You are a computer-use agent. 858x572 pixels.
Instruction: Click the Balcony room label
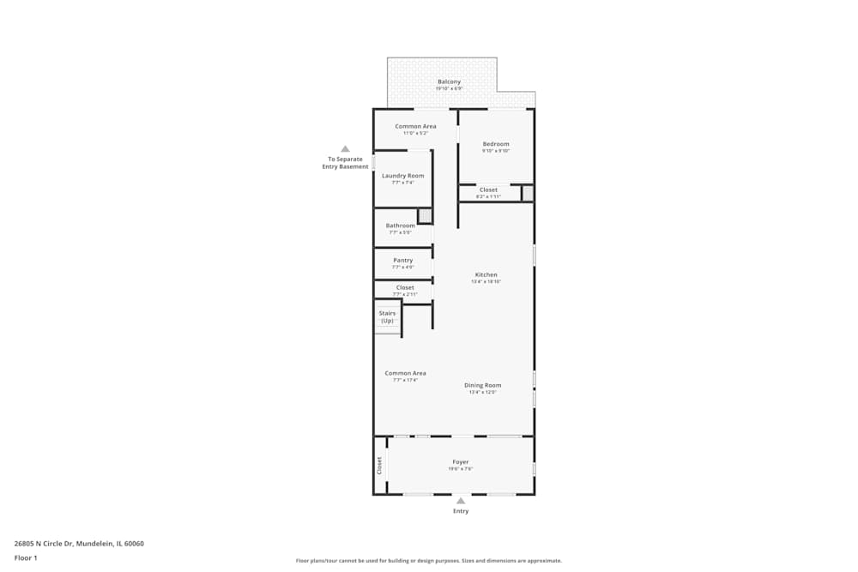pos(449,81)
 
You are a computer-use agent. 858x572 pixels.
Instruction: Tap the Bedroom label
pos(496,144)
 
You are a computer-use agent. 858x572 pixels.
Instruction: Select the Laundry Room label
pos(403,176)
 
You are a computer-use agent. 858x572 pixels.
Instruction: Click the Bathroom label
pos(400,226)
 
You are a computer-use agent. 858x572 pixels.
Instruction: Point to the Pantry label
pos(402,260)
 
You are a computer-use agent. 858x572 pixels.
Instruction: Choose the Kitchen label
pos(486,274)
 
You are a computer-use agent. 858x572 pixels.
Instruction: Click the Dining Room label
pos(483,385)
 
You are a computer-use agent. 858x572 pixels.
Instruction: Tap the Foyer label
pos(461,461)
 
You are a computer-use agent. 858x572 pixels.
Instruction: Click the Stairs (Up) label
pos(387,316)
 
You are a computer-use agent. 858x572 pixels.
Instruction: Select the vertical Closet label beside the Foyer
pos(379,465)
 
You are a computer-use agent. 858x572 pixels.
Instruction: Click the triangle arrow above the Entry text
pos(461,501)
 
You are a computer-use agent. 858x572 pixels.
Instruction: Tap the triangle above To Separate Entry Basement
pos(345,148)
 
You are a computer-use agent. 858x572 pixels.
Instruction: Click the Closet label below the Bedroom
pos(488,190)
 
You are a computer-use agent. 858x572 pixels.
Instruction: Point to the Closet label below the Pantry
pos(405,287)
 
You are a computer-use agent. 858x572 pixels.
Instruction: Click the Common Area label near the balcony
pos(415,126)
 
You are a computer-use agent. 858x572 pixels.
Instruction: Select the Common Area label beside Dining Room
pos(405,373)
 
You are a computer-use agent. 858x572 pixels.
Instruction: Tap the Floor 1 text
pos(26,557)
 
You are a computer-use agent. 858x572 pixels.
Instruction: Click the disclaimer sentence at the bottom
pos(429,561)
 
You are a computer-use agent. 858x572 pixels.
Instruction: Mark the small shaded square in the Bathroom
pos(425,216)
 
